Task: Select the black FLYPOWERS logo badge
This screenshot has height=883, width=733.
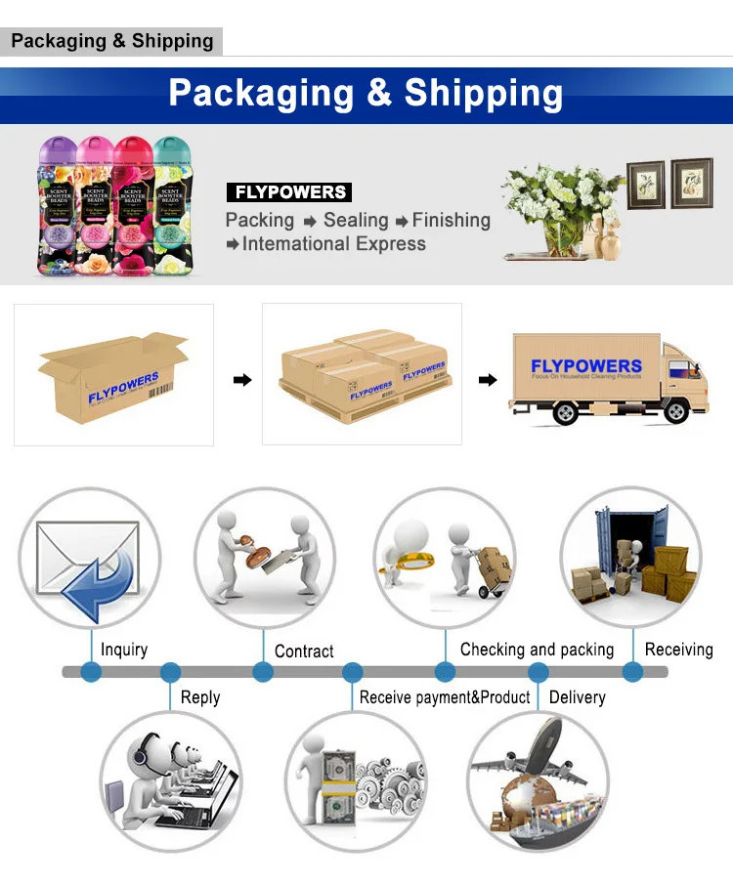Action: click(x=288, y=192)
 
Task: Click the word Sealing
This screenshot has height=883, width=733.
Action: click(x=356, y=221)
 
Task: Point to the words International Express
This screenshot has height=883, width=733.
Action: click(x=333, y=244)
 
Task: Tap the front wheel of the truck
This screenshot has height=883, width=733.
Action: click(x=675, y=412)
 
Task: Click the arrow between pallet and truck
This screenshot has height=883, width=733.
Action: click(x=487, y=379)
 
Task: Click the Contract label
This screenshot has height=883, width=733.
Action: click(x=304, y=651)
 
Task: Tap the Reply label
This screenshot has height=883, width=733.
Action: click(x=200, y=697)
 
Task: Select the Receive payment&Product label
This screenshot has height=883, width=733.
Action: click(x=445, y=697)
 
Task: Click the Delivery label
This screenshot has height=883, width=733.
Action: click(x=577, y=697)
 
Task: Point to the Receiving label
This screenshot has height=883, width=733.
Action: click(x=678, y=650)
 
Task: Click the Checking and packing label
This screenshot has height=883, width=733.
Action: click(x=537, y=650)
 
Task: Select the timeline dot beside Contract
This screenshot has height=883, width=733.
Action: click(x=262, y=672)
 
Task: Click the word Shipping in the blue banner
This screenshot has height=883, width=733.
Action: click(x=484, y=93)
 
